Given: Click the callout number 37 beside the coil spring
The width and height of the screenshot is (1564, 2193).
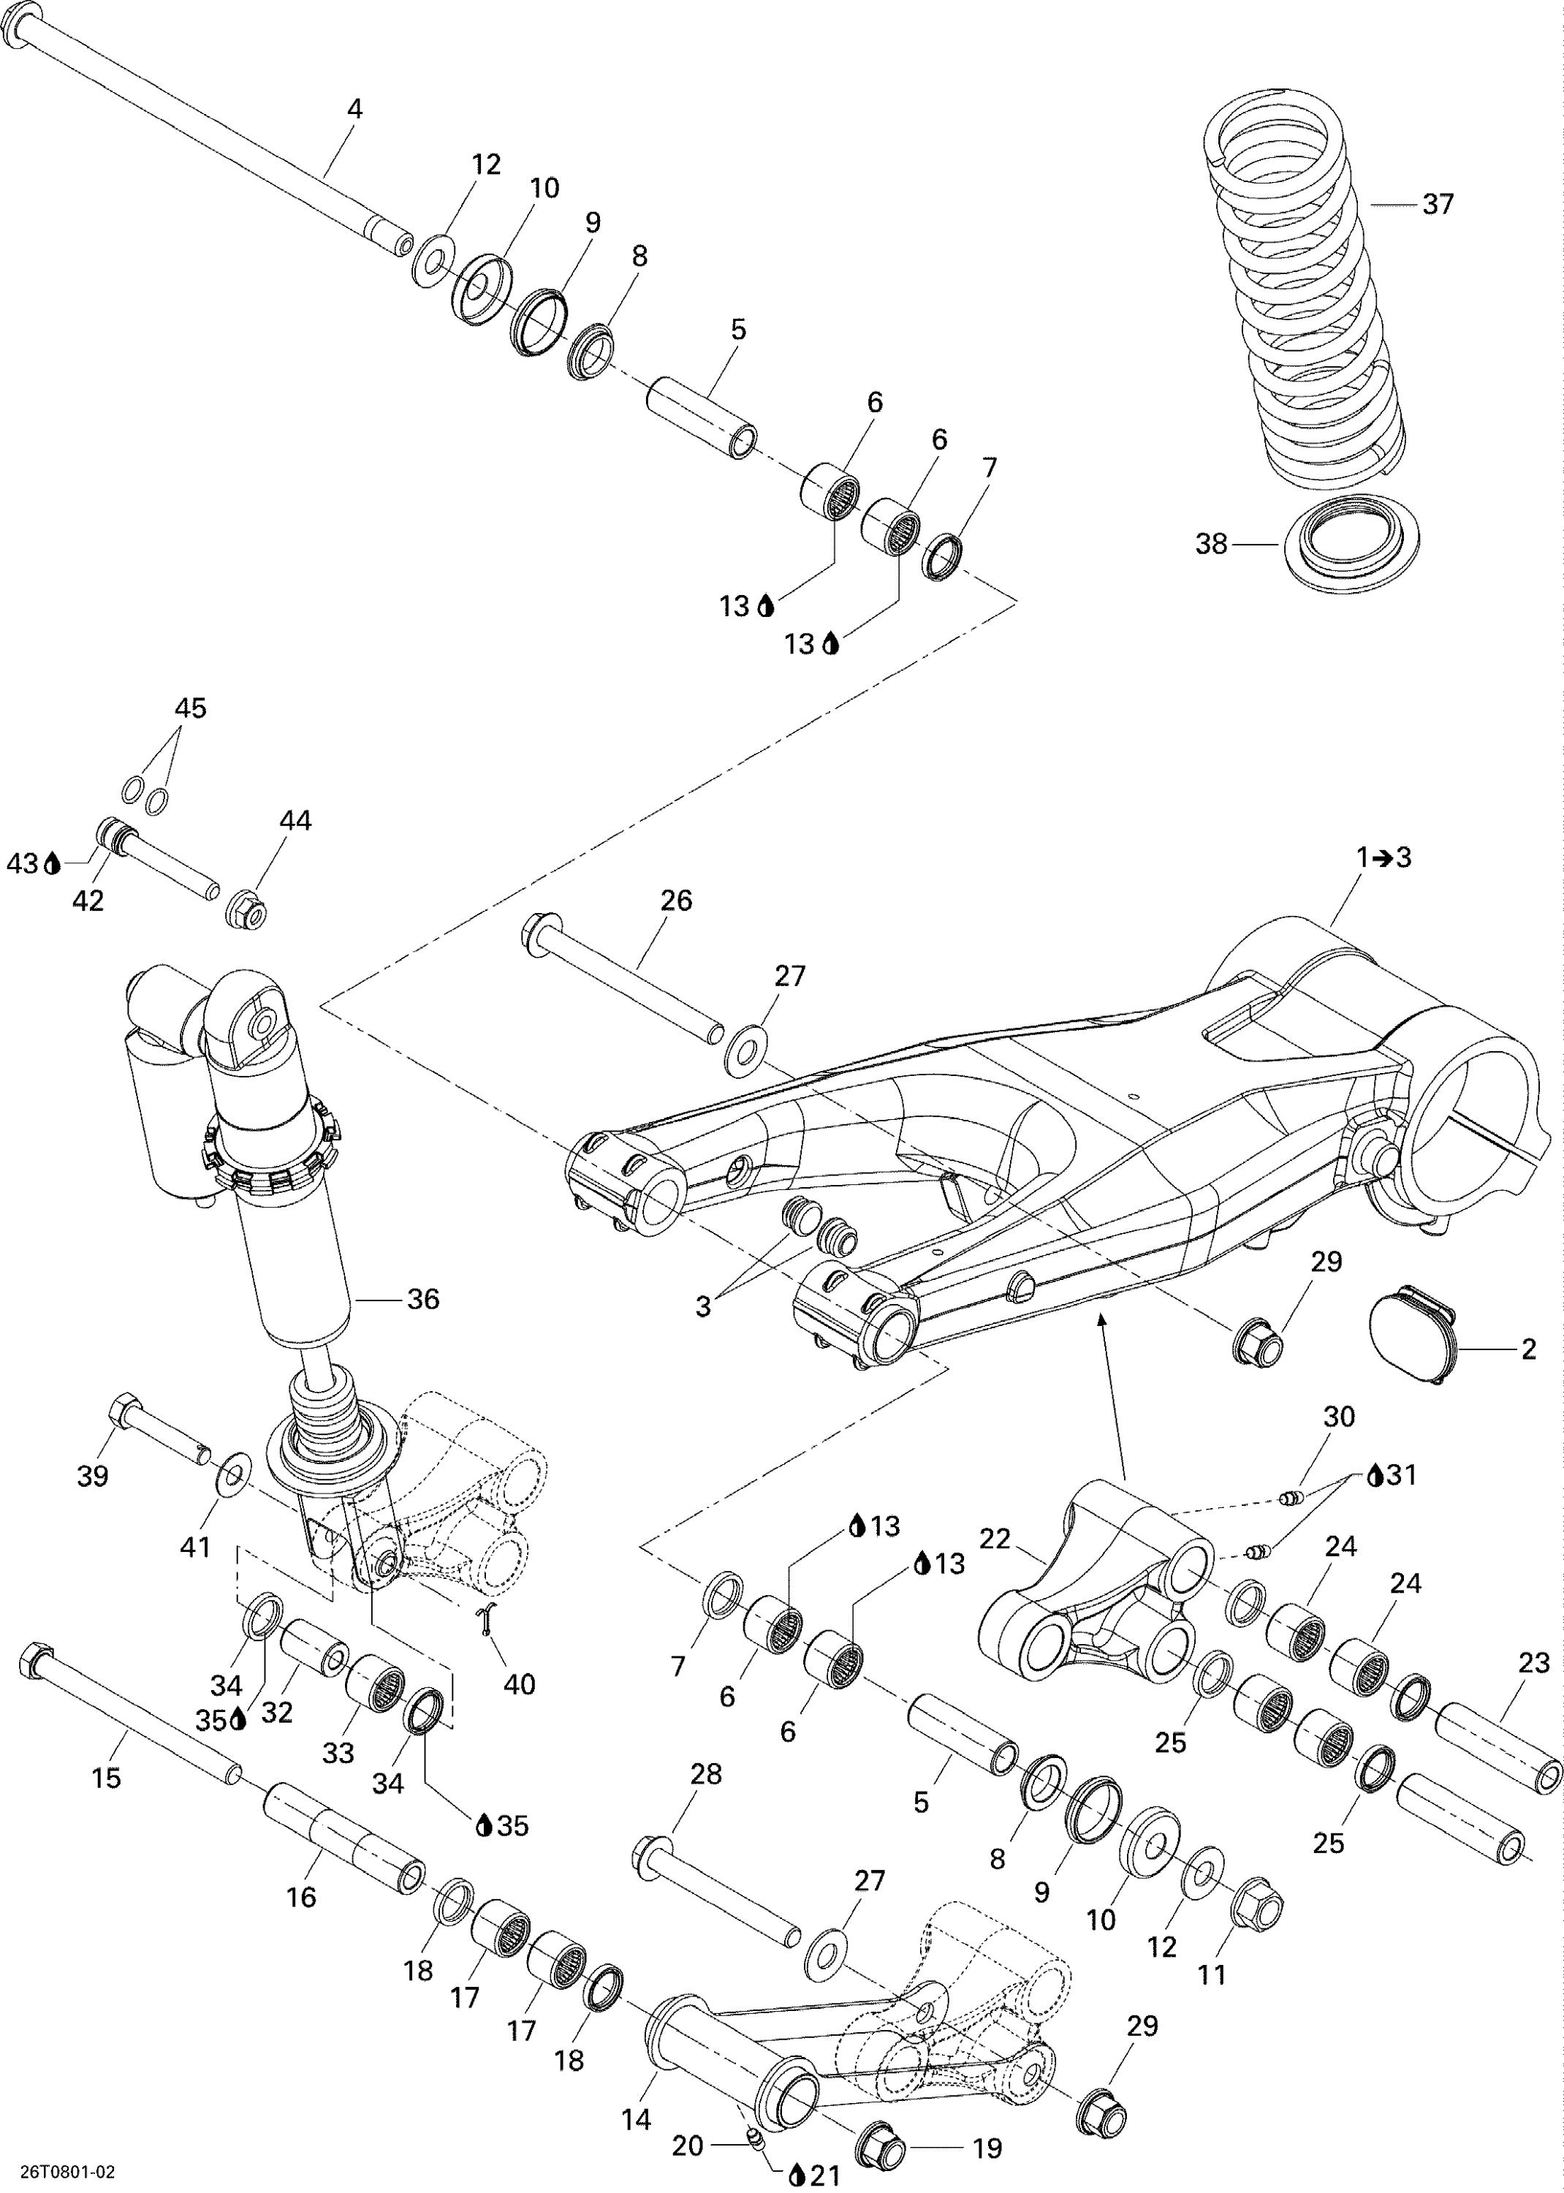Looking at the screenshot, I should pos(1437,204).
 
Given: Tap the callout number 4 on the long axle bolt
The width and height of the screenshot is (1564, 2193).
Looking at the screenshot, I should pos(354,110).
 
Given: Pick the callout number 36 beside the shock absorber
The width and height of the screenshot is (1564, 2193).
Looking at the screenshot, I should pos(422,1299).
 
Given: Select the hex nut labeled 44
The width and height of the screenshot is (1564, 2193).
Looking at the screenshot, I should pos(246,909).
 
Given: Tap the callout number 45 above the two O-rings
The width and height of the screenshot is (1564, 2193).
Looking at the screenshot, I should pos(190,708).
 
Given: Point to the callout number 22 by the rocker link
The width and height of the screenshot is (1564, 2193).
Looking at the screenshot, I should pos(994,1539).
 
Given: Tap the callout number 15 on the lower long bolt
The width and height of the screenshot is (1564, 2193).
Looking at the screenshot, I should pos(105,1778).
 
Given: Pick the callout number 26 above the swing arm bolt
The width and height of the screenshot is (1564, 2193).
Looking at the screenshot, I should pos(676,901).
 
